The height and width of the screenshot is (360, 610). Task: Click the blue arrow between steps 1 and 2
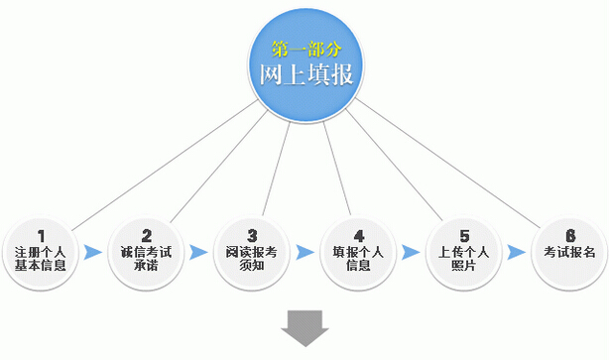pyautogui.click(x=94, y=252)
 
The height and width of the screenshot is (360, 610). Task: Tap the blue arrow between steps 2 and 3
pyautogui.click(x=200, y=252)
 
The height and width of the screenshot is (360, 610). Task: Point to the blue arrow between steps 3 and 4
pyautogui.click(x=305, y=252)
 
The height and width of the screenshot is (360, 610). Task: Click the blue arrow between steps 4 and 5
pyautogui.click(x=411, y=252)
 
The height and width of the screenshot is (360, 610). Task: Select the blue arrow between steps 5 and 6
pyautogui.click(x=516, y=252)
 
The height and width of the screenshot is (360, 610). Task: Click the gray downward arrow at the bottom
pyautogui.click(x=305, y=327)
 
